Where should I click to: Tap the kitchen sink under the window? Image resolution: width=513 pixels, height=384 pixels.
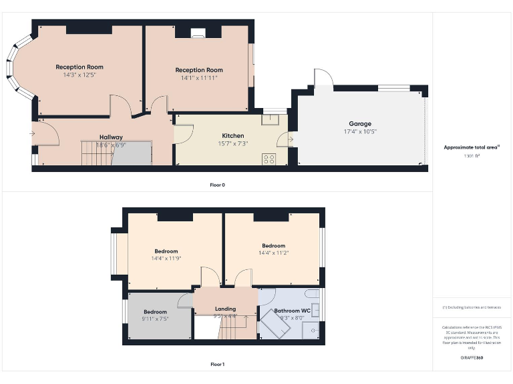(x=271, y=119)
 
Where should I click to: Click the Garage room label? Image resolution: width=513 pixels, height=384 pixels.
(x=359, y=123)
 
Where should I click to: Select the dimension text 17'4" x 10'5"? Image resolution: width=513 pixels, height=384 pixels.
(x=359, y=131)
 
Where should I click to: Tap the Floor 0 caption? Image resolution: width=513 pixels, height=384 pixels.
(x=217, y=185)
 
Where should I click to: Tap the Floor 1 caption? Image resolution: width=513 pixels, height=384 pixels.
(x=217, y=365)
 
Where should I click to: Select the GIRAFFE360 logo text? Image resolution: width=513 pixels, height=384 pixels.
(x=472, y=358)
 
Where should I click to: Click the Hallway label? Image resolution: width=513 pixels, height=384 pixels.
(x=111, y=137)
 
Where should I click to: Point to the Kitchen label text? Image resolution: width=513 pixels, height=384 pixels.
(x=233, y=136)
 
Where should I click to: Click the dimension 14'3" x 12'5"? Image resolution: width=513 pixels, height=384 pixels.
(x=79, y=75)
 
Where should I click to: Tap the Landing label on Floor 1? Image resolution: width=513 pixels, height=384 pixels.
(x=225, y=309)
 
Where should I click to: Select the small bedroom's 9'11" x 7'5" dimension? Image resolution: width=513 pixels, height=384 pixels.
(x=155, y=319)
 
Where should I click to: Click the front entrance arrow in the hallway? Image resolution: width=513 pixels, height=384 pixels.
(x=32, y=133)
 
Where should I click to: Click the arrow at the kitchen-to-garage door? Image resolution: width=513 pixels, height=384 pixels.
(x=289, y=139)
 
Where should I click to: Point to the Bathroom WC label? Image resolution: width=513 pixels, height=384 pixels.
(x=292, y=311)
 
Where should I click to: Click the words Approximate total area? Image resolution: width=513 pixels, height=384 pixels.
(x=471, y=147)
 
